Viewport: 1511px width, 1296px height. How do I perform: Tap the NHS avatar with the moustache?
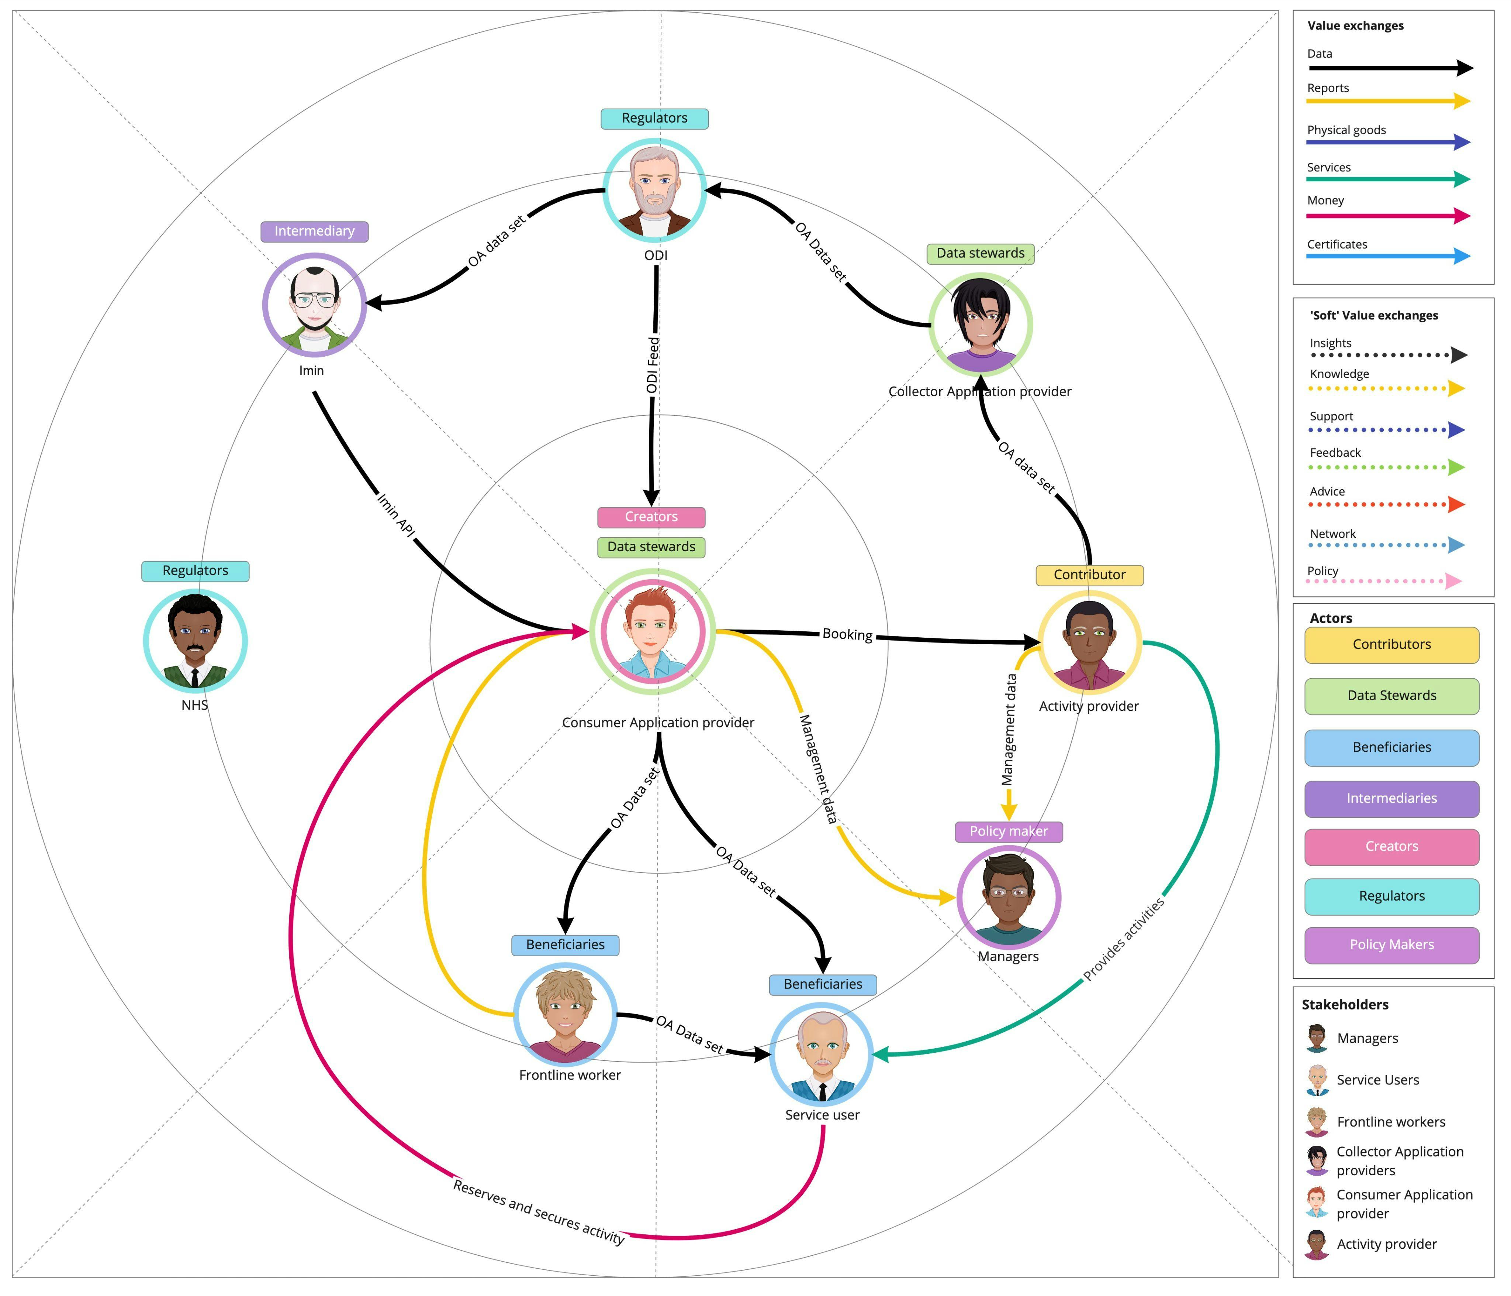195,641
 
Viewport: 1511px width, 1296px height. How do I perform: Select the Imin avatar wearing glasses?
314,304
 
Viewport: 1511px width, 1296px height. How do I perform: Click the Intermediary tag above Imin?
314,232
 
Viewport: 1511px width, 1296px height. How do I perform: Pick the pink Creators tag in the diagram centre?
651,517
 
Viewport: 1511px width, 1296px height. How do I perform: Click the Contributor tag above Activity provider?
1089,575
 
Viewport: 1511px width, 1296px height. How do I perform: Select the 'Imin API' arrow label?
396,516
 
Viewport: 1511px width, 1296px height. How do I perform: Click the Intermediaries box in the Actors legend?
1391,798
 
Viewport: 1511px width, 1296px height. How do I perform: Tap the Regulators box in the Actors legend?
1391,896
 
